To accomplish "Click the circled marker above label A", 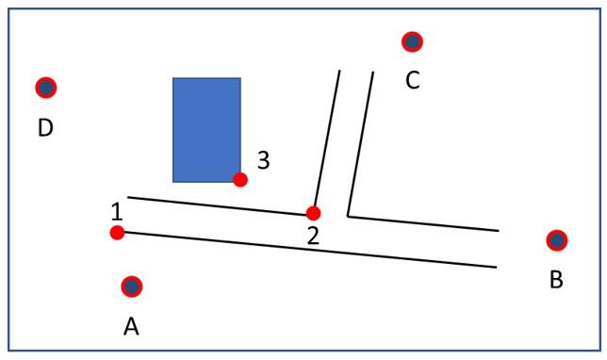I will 131,286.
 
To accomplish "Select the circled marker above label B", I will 556,240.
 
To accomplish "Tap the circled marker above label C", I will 412,41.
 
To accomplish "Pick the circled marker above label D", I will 45,88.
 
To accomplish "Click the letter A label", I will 131,326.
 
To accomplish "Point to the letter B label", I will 556,280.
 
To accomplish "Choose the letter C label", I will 412,80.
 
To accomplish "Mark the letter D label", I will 44,127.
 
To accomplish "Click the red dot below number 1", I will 117,233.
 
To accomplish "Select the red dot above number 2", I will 313,213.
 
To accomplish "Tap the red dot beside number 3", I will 240,179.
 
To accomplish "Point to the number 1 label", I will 116,210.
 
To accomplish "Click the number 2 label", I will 313,236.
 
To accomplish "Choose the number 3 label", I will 264,160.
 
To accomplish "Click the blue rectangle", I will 206,129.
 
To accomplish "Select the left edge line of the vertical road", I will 326,141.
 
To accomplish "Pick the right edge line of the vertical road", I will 361,141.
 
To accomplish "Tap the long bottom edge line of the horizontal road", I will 311,250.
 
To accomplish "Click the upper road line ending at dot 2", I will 217,205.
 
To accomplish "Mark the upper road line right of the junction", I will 424,222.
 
